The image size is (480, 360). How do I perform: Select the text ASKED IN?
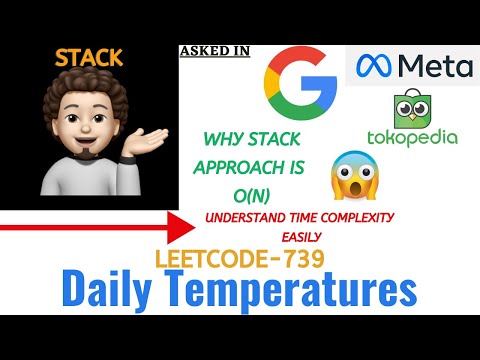(x=214, y=50)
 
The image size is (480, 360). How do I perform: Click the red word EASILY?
(x=303, y=237)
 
